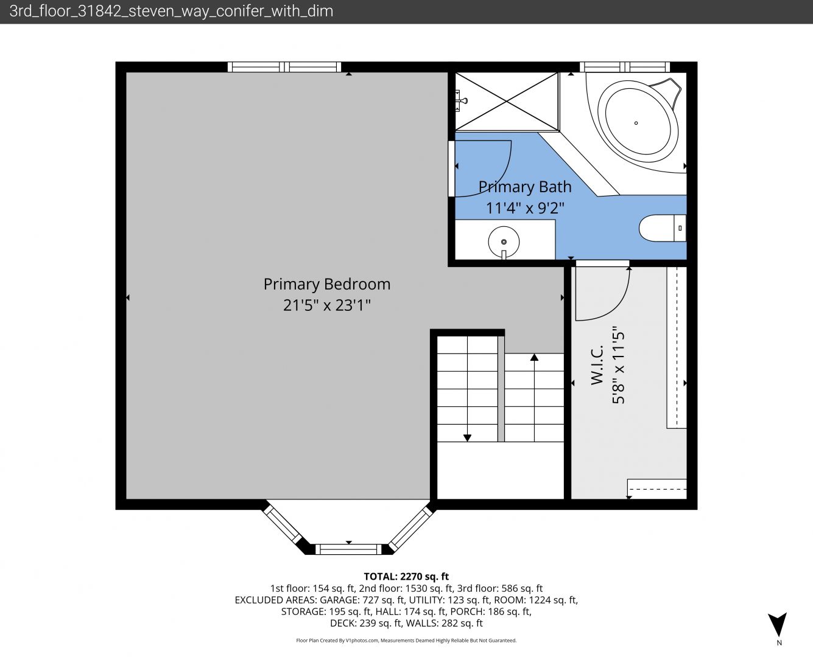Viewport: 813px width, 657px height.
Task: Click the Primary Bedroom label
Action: tap(327, 285)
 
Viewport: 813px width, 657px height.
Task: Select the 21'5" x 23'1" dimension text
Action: tap(327, 305)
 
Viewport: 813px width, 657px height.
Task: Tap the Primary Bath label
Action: tap(525, 187)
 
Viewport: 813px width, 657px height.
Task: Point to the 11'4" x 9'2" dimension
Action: tap(525, 208)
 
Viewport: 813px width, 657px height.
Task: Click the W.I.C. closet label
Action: tap(597, 365)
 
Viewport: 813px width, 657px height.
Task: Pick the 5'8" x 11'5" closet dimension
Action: tap(618, 365)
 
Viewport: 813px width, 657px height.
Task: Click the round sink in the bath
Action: tap(504, 242)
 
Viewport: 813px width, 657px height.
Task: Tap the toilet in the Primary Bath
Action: tap(663, 228)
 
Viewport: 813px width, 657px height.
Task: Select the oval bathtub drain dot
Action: tap(636, 123)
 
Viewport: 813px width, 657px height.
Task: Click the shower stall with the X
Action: tap(507, 101)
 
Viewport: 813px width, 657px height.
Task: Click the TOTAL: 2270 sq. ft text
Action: tap(406, 576)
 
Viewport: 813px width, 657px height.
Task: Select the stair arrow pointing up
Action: tap(534, 397)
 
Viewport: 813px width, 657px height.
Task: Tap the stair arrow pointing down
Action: tap(467, 389)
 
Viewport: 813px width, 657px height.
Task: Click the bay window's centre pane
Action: tap(348, 549)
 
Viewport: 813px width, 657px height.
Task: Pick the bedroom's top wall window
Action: tap(284, 67)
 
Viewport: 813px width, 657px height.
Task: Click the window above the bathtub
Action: tap(625, 67)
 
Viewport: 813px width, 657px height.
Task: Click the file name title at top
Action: tap(171, 12)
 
